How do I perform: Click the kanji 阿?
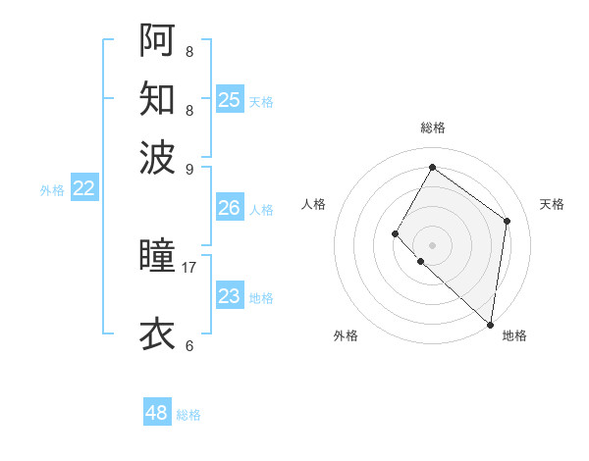point(157,40)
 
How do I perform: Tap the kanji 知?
point(157,98)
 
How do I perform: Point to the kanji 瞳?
point(157,257)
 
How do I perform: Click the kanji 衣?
point(157,333)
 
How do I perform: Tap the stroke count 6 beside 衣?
point(188,345)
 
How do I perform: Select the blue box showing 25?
point(229,100)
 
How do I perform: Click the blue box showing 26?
point(229,208)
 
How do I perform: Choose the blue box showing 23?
point(229,296)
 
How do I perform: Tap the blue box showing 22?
point(83,189)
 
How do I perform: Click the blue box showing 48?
point(156,413)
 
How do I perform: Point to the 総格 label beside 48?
point(188,415)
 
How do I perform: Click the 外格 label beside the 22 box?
point(52,190)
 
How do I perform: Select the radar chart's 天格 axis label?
point(552,204)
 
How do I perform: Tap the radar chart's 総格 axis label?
point(432,128)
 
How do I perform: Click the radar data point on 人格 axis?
point(396,233)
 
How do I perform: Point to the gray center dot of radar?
point(432,244)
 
